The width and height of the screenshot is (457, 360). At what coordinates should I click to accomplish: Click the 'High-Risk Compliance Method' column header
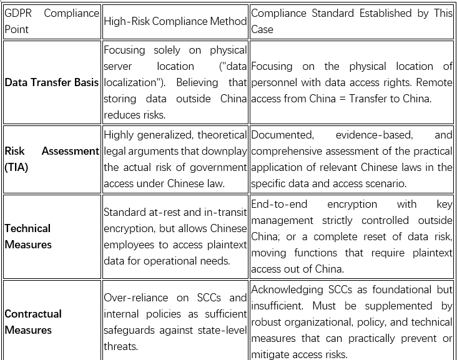[x=175, y=21]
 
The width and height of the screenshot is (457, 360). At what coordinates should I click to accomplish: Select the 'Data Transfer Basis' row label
[x=51, y=82]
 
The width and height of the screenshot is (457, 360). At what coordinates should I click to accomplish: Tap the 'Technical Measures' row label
[x=28, y=236]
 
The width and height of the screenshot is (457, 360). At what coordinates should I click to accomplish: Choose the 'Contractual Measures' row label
[x=33, y=322]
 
